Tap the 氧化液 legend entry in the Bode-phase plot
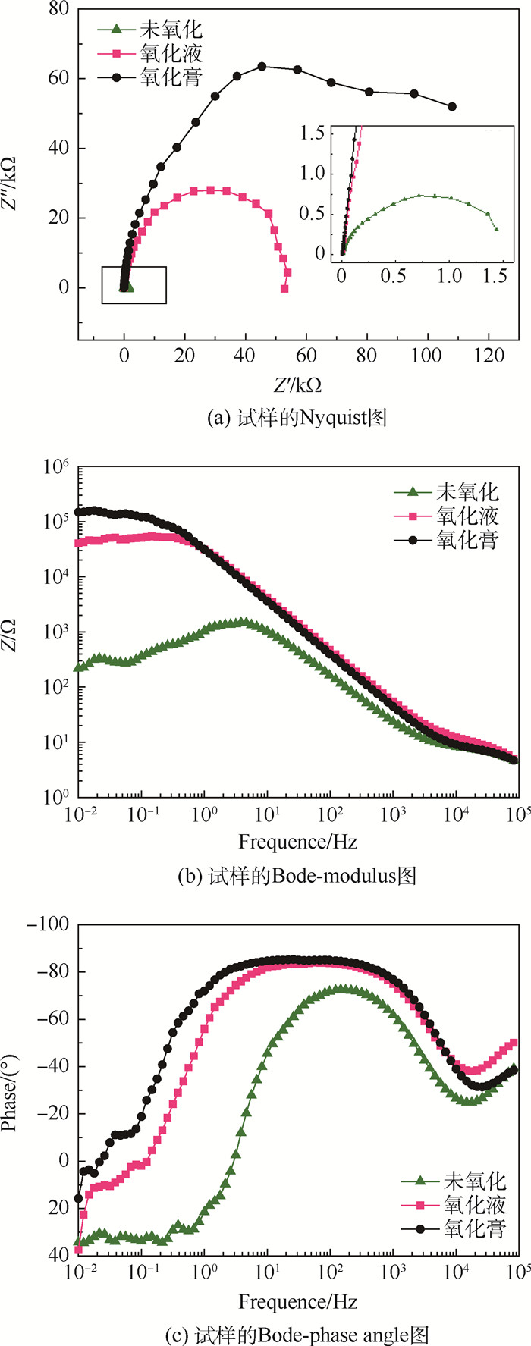pos(475,1203)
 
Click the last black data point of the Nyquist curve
pos(453,107)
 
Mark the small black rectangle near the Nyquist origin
pos(134,285)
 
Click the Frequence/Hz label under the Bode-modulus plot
pos(297,841)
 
